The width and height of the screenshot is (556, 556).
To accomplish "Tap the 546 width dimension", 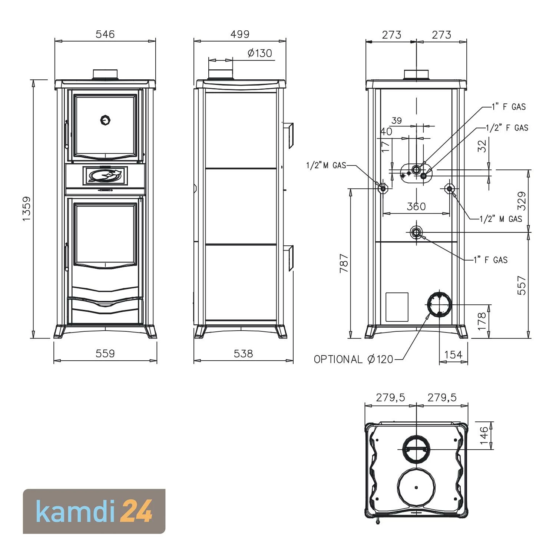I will (x=105, y=34).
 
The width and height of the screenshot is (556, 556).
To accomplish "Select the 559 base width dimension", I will (x=105, y=354).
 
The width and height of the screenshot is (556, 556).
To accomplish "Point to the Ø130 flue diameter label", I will (x=259, y=53).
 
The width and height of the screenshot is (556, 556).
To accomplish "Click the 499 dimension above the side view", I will (x=240, y=34).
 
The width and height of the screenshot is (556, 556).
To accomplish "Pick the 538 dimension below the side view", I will (x=243, y=354).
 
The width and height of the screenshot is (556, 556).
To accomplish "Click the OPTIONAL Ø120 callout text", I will (x=353, y=359).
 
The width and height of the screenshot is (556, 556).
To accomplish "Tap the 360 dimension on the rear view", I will (x=416, y=206).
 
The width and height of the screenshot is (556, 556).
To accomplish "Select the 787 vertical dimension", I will (x=344, y=263).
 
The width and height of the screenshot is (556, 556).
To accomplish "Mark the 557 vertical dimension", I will (x=522, y=285).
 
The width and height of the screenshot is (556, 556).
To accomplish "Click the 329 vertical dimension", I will (x=522, y=201).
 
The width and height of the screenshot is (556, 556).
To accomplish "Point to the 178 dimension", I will (x=482, y=321).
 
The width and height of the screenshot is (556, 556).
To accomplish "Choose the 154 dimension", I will (x=453, y=355).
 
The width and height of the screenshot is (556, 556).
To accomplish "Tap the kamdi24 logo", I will (x=94, y=511).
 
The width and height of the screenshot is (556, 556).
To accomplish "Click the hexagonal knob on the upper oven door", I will (x=106, y=120).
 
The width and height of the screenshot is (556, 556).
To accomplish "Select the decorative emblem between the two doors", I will (x=106, y=175).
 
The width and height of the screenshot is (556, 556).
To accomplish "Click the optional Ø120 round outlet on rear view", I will (x=439, y=304).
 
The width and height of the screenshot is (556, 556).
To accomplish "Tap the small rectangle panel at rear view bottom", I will (x=397, y=307).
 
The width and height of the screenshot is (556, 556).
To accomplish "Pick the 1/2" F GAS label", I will (x=507, y=128).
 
